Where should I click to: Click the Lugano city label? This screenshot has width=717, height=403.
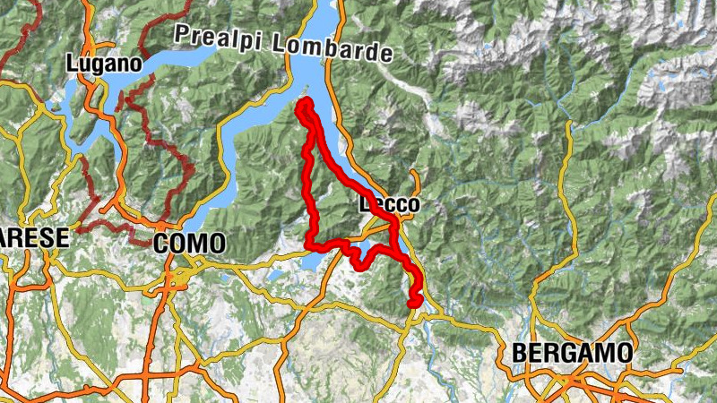[103, 64]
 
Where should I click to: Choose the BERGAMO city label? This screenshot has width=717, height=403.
[572, 353]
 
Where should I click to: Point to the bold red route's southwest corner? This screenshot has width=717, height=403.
[309, 244]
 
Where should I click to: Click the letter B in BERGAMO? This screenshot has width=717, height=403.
[520, 353]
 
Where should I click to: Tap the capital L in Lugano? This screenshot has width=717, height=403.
[72, 64]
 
